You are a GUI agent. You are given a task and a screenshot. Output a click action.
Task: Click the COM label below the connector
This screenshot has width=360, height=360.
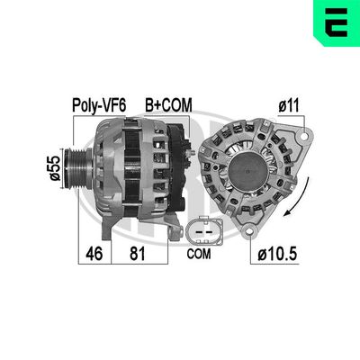pos(199,254)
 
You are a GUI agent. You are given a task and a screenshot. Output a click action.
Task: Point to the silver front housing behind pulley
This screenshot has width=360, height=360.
pos(109,171)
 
